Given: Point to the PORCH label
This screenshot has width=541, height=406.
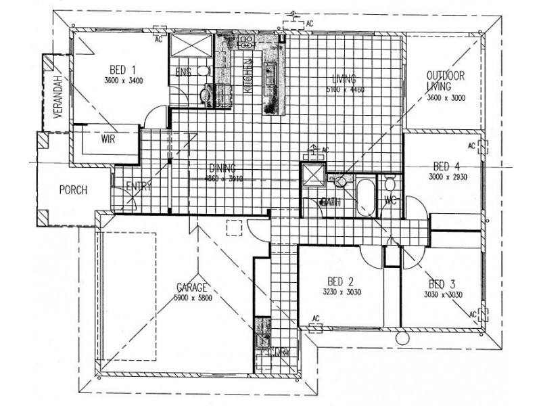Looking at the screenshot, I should coord(73,190).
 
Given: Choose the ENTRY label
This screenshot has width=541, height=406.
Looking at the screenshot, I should coord(139,187).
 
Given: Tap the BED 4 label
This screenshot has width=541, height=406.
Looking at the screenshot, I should coord(447,166).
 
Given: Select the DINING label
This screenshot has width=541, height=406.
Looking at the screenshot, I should coord(222,170).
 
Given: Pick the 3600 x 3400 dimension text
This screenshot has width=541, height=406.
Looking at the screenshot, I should coord(124,81).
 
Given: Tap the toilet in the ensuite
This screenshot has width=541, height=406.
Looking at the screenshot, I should coord(205,95).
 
